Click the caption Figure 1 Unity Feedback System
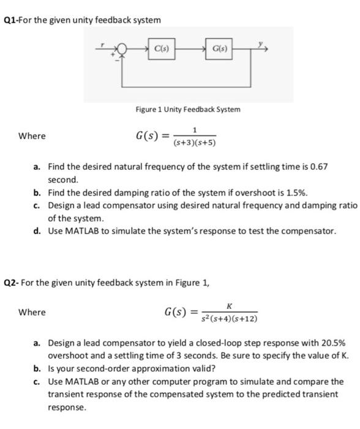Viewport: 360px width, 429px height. point(188,109)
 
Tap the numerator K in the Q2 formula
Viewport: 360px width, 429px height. point(228,306)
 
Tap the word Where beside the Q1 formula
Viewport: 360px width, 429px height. point(32,135)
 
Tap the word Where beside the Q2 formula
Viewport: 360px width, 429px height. point(32,312)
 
